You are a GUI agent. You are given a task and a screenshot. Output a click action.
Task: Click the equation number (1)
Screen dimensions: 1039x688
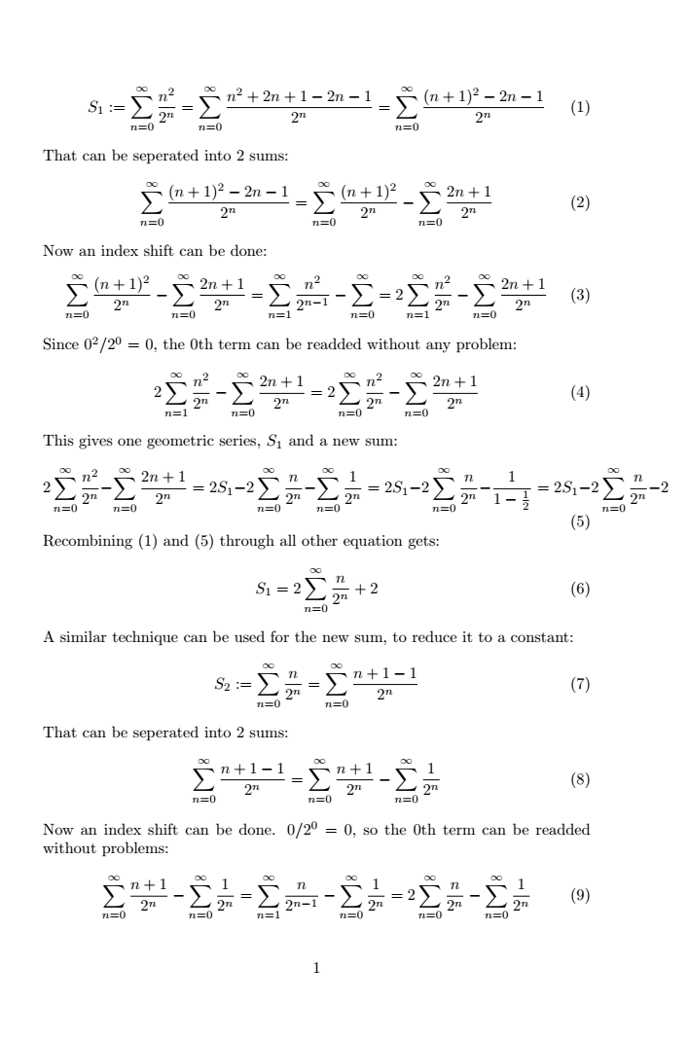pyautogui.click(x=581, y=108)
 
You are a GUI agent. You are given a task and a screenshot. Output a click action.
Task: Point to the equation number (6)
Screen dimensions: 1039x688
pyautogui.click(x=581, y=589)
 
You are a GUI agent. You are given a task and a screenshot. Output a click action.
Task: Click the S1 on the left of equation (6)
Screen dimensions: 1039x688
pyautogui.click(x=257, y=589)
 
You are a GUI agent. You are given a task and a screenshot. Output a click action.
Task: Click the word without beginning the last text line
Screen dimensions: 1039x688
pyautogui.click(x=71, y=847)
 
